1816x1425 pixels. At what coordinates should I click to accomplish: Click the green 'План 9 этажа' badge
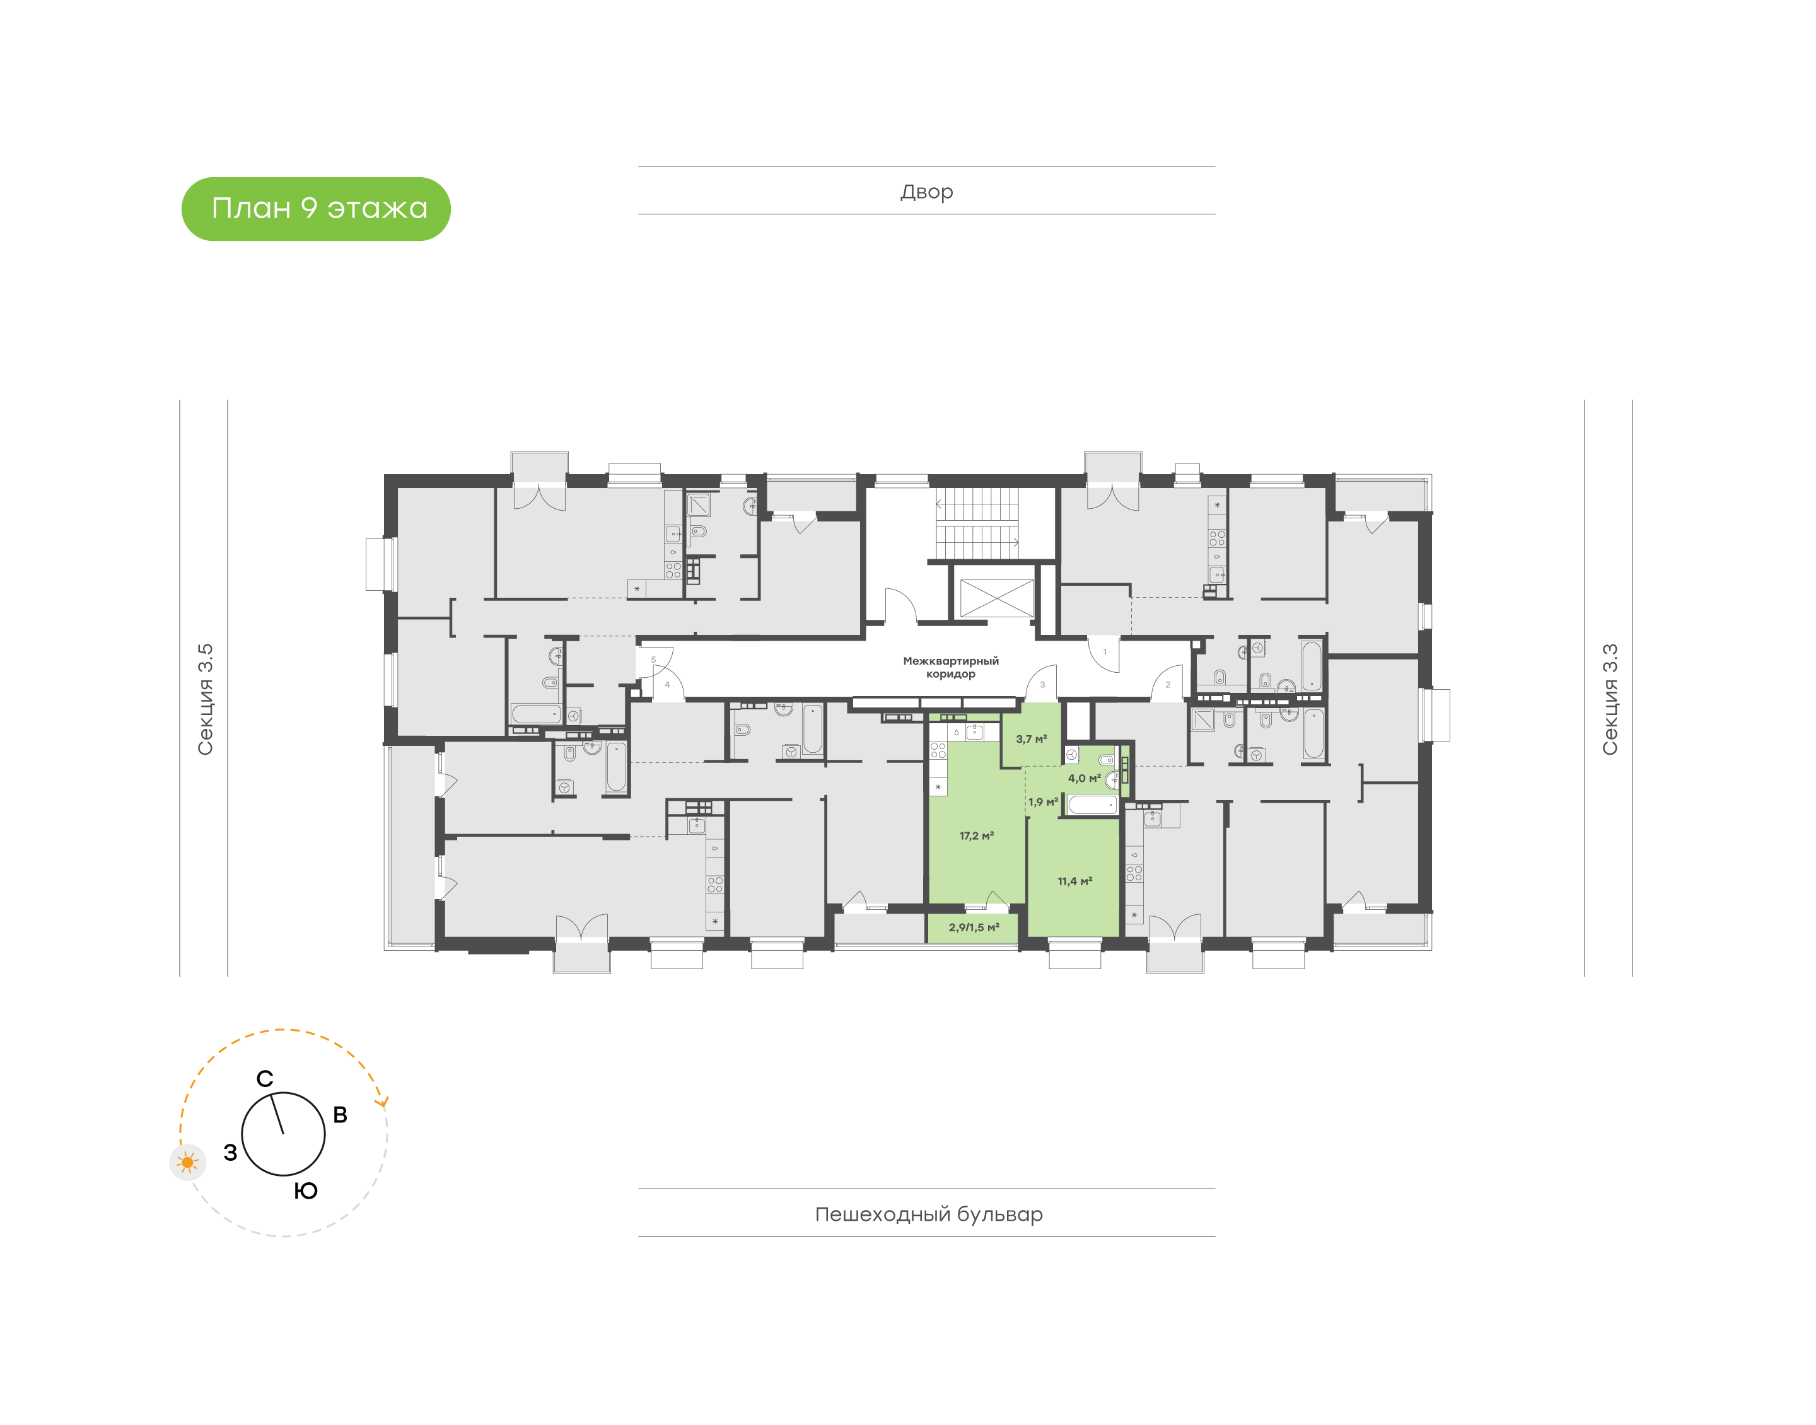point(316,209)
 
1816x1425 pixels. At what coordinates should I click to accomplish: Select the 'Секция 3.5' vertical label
point(205,699)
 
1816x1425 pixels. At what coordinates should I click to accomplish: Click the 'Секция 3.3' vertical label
point(1609,699)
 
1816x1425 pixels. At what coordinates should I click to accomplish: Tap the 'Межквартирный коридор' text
point(950,668)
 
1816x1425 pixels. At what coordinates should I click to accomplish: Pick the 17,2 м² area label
point(976,835)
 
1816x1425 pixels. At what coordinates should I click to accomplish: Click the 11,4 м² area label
point(1074,881)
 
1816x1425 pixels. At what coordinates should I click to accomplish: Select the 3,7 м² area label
point(1031,739)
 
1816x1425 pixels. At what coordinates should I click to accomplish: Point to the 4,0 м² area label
point(1085,779)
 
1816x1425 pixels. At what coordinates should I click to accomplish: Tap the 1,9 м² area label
point(1043,802)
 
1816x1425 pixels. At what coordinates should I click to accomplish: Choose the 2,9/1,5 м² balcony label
point(974,927)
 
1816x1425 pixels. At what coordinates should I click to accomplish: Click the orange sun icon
point(188,1162)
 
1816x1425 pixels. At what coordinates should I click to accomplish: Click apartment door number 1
point(1105,653)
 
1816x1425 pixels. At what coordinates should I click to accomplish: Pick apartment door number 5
point(653,660)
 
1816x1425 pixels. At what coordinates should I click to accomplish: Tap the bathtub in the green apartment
point(1092,805)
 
